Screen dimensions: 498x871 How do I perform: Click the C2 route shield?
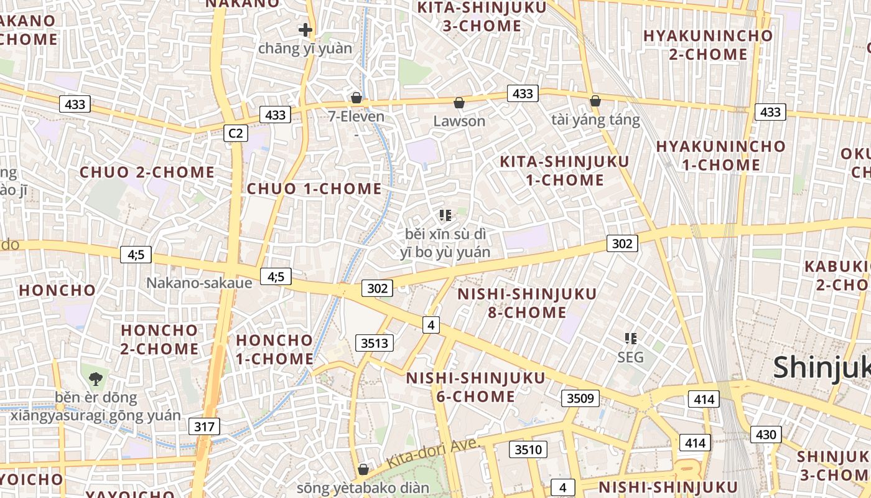pos(236,133)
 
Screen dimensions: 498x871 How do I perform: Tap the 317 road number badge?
pos(204,426)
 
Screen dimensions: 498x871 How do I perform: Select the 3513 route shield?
pos(375,343)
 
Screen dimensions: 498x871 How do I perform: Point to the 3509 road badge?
pos(580,398)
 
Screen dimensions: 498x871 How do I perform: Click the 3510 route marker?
pos(529,449)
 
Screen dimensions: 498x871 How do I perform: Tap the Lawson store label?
pos(459,121)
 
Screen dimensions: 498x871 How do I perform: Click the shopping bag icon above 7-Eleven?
pos(356,98)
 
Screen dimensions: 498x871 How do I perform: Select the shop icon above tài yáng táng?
pos(595,100)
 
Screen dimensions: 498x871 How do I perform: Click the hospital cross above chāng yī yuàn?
pos(305,29)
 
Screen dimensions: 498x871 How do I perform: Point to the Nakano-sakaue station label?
pos(199,283)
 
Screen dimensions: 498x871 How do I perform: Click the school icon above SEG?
pos(631,339)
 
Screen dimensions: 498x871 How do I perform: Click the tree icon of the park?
pos(95,378)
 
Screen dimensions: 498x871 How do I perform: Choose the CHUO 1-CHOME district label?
pos(314,189)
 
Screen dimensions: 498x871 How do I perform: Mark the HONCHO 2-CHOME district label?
pos(159,339)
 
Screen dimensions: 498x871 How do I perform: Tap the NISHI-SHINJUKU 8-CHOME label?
pos(527,303)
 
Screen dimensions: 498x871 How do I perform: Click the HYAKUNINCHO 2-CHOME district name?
pos(708,45)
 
